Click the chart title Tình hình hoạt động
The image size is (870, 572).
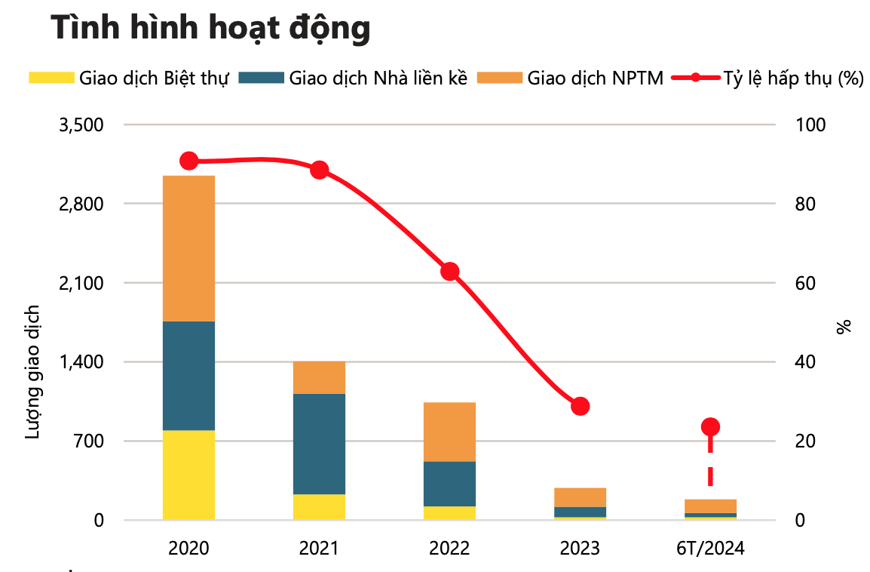(x=210, y=29)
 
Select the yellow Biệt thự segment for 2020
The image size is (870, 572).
(x=188, y=475)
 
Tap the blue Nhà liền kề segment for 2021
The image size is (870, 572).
(x=319, y=444)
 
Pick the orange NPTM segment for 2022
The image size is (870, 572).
(x=449, y=432)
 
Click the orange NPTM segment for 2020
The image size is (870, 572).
(x=188, y=248)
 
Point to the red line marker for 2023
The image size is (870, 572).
(x=580, y=406)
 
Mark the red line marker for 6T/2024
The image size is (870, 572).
(x=710, y=427)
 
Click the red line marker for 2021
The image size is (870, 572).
(x=319, y=170)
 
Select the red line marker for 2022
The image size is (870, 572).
(x=450, y=272)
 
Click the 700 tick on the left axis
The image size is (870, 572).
(x=90, y=441)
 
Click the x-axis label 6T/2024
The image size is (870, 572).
(x=710, y=548)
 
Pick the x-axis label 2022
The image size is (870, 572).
(x=449, y=548)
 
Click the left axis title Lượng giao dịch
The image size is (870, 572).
(x=32, y=371)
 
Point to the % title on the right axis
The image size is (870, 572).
(x=844, y=326)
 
